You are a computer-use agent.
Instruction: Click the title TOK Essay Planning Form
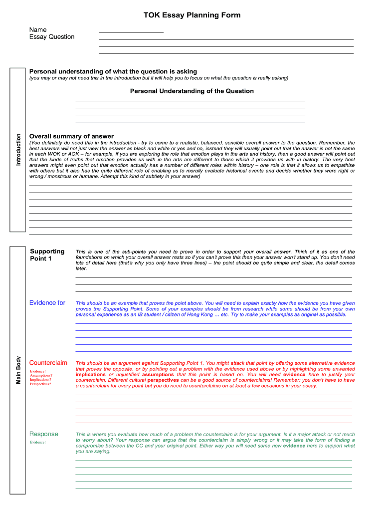[192, 15]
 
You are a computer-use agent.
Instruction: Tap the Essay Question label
[52, 37]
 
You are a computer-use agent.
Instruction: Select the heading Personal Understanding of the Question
[192, 91]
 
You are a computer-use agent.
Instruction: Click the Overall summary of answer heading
[71, 136]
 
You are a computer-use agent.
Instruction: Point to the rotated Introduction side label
[19, 150]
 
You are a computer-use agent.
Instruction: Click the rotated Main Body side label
[19, 370]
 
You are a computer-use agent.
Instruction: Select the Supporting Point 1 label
[47, 255]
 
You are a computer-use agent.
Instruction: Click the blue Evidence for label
[47, 303]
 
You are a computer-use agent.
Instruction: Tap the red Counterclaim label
[48, 363]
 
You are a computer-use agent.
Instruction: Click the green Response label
[44, 434]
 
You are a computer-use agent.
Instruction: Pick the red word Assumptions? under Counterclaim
[41, 375]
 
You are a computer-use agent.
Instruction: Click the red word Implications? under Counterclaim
[40, 380]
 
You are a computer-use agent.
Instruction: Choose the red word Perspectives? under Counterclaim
[40, 384]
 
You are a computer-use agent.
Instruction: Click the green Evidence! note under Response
[38, 443]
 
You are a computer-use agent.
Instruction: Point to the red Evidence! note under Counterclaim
[38, 371]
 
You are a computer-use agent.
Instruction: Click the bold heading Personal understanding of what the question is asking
[113, 72]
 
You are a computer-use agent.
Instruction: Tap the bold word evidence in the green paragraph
[294, 446]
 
